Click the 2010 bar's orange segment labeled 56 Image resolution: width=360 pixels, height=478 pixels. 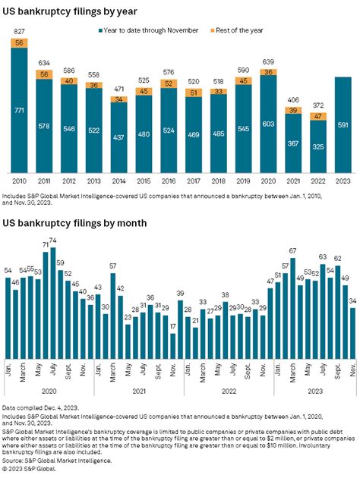point(19,44)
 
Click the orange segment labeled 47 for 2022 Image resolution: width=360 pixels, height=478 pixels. point(317,117)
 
